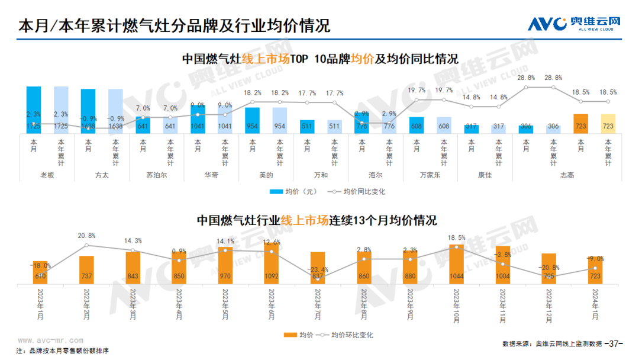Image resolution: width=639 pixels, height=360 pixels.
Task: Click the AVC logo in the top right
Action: [574, 23]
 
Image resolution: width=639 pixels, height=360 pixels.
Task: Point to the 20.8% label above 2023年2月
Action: [86, 236]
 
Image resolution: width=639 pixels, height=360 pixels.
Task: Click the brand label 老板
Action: [47, 175]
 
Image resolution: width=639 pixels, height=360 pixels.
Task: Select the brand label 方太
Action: [102, 175]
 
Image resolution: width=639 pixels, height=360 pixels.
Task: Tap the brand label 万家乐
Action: [430, 175]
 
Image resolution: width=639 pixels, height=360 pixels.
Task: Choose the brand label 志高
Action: [567, 175]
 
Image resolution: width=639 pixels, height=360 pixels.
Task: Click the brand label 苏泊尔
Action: [156, 175]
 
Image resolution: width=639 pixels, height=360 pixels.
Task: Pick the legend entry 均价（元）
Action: [294, 192]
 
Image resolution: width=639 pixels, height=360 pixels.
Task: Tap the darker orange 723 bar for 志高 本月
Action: [580, 124]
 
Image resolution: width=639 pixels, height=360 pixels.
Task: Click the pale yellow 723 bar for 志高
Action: [608, 124]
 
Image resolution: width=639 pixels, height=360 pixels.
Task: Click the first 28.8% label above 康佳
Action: [525, 78]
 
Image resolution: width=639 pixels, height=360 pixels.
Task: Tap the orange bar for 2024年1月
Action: [595, 271]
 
